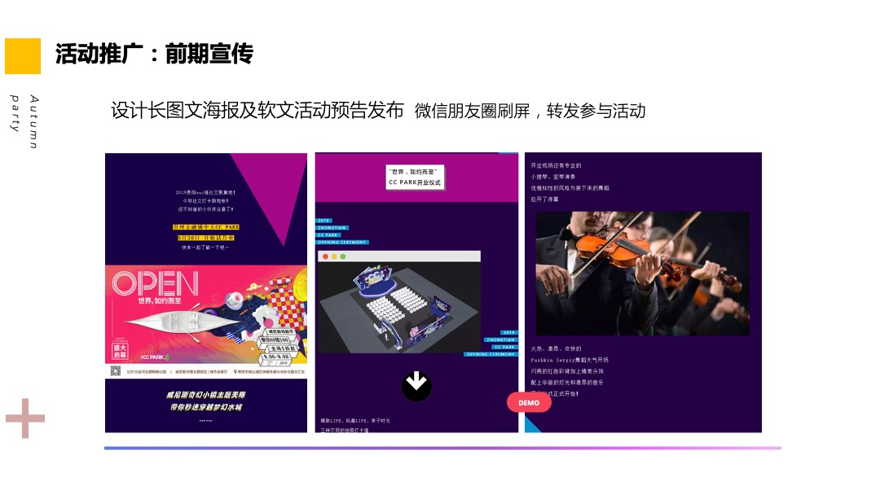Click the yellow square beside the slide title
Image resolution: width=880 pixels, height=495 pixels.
[23, 55]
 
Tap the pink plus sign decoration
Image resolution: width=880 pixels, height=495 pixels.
[25, 418]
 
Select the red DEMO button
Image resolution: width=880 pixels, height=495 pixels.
[529, 403]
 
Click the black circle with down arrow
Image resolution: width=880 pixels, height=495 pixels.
[416, 386]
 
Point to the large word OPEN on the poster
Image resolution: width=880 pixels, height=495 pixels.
[155, 284]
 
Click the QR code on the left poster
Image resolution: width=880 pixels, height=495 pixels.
[117, 370]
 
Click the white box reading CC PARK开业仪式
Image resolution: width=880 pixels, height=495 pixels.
[415, 177]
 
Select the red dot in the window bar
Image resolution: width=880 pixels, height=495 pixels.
[326, 256]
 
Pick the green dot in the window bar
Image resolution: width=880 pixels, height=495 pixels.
[343, 256]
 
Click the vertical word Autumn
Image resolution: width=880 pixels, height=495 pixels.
[33, 122]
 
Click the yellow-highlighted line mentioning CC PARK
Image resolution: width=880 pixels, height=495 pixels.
[205, 227]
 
